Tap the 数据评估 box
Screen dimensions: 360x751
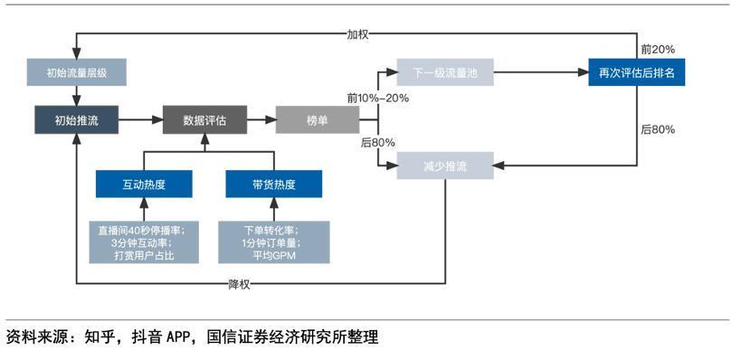coord(204,119)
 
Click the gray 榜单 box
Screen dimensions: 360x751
coord(317,119)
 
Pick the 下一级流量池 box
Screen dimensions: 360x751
coord(444,71)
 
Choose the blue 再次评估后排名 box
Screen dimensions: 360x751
coord(636,71)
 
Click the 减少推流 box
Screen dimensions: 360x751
coord(444,166)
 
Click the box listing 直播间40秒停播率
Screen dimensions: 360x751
coord(145,242)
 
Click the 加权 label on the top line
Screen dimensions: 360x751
coord(358,34)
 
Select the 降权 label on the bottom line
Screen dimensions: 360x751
coord(240,284)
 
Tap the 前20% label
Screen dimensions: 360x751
coord(656,49)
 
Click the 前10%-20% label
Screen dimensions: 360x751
coord(377,97)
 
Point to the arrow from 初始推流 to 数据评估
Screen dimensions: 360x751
coord(140,119)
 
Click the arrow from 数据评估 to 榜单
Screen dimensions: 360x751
coord(261,119)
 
